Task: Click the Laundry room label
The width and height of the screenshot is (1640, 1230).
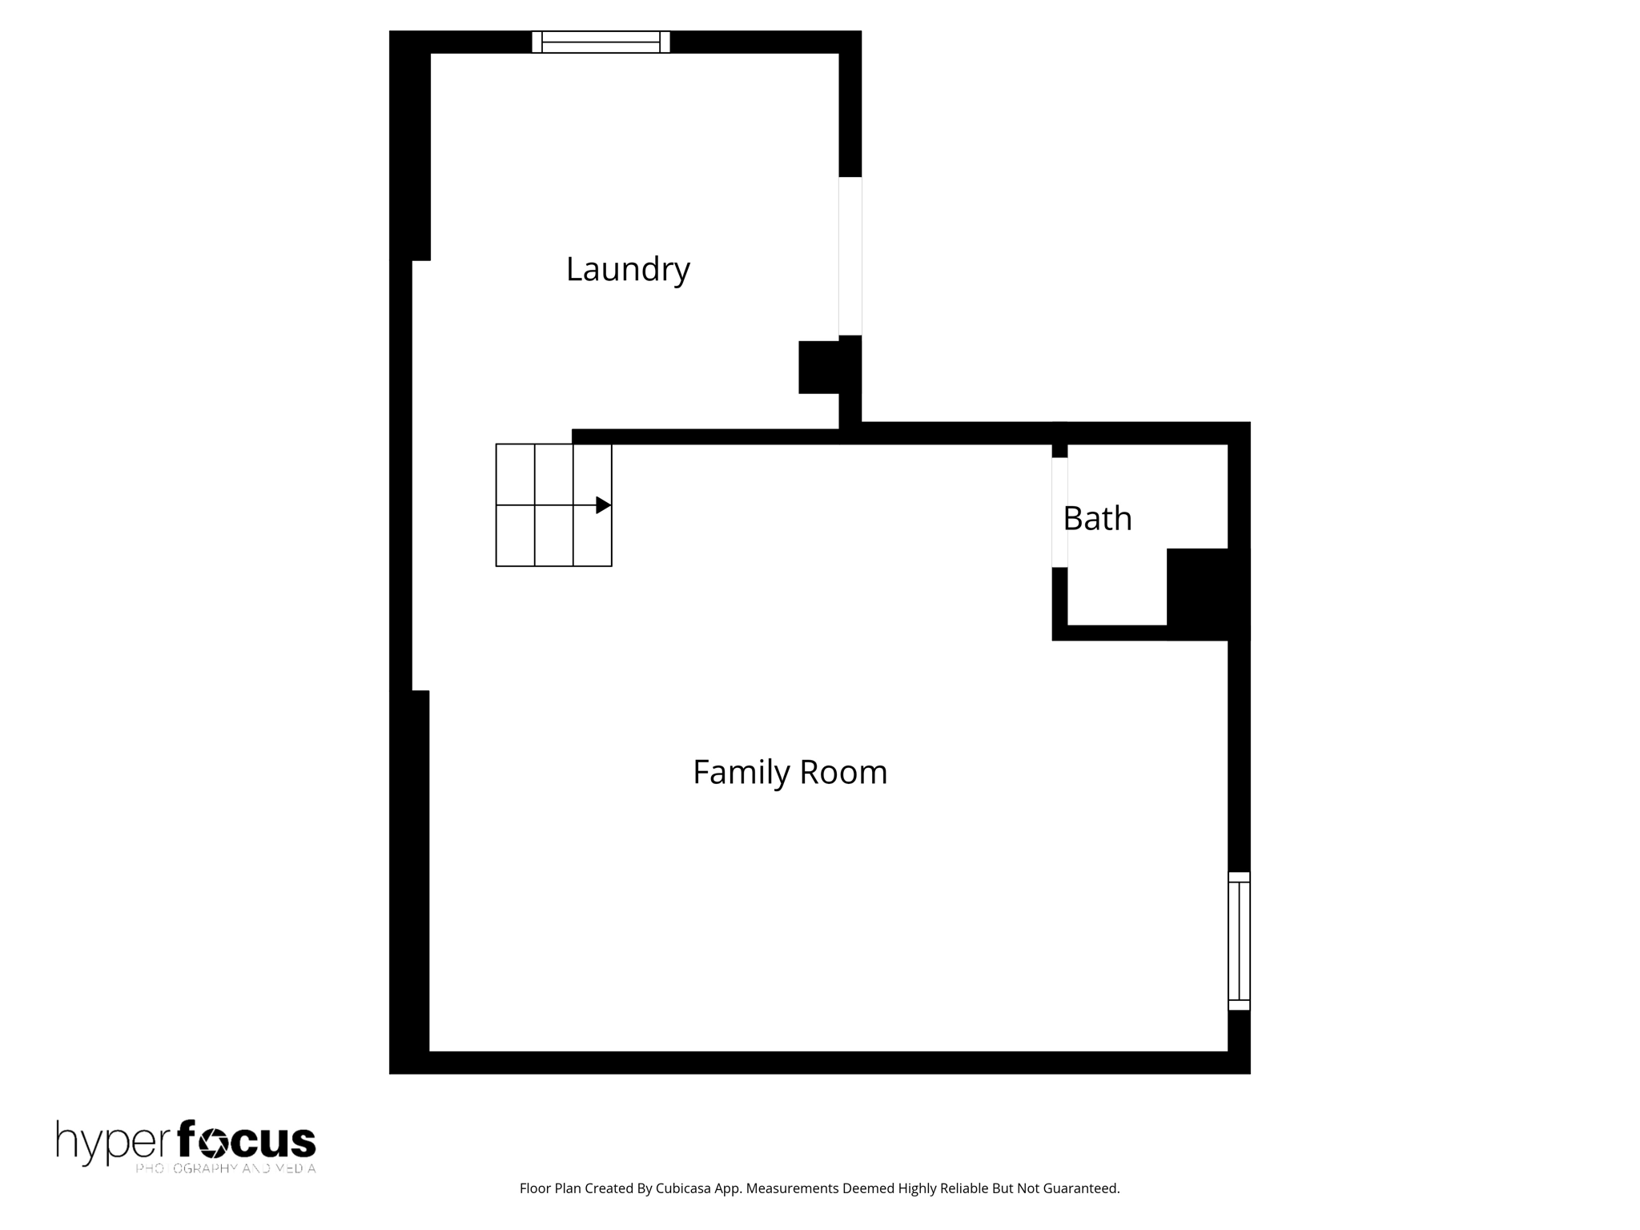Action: coord(628,270)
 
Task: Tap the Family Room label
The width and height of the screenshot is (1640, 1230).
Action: coord(790,773)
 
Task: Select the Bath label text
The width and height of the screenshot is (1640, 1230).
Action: coord(1097,519)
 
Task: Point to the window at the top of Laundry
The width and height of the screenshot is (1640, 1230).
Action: coord(601,42)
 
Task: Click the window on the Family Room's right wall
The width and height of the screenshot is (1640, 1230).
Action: coord(1239,941)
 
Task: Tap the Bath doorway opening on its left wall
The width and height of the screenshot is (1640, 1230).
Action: coord(1059,512)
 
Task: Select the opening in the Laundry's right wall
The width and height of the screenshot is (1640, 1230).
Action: coord(850,256)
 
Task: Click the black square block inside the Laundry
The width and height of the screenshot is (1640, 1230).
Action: coord(818,368)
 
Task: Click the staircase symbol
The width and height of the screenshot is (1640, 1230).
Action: coord(553,505)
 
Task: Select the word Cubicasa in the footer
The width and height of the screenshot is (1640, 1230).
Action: coord(685,1188)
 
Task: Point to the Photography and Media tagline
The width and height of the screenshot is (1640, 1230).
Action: coord(226,1168)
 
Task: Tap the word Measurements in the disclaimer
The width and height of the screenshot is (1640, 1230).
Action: coord(792,1188)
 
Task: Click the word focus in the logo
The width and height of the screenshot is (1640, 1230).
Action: coord(247,1140)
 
